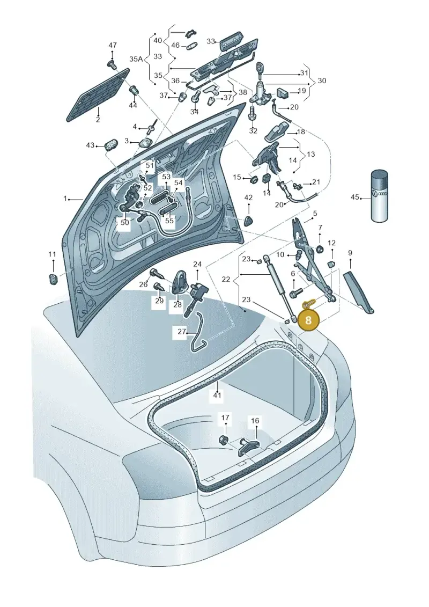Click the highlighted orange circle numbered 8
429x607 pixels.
[x=308, y=320]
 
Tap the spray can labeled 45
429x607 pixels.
[x=379, y=196]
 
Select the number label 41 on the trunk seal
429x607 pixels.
[x=217, y=395]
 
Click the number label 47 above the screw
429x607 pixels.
[x=113, y=45]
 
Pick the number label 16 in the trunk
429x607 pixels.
[x=255, y=421]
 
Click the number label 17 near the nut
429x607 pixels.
[x=225, y=418]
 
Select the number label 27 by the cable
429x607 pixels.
[x=182, y=331]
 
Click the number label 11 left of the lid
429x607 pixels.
[x=52, y=254]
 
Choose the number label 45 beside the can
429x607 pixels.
[x=354, y=197]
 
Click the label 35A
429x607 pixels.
[x=136, y=59]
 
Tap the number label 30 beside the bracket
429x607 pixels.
[x=321, y=81]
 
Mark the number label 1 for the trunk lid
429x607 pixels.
[x=65, y=199]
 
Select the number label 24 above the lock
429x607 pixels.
[x=197, y=265]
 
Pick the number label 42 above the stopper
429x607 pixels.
[x=248, y=198]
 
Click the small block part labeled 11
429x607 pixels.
[x=52, y=278]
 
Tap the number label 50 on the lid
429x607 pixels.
[x=124, y=223]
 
